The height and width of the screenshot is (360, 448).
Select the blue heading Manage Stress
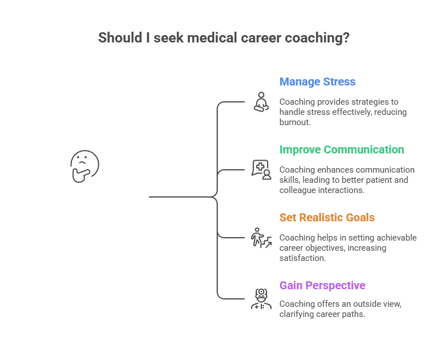coord(317,82)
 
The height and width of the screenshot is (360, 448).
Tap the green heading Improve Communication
coord(342,149)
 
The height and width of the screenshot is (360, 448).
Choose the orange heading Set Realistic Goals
coord(327,217)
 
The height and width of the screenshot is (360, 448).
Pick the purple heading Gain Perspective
coord(322,285)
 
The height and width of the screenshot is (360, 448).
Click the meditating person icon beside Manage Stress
coord(261,102)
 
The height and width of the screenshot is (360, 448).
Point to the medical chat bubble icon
coord(261,169)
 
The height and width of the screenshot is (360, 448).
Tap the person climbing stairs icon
coord(261,238)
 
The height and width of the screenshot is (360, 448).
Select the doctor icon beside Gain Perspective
coord(261,298)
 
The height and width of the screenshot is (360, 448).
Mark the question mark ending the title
coord(346,38)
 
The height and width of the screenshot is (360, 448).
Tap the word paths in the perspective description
coord(351,314)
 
